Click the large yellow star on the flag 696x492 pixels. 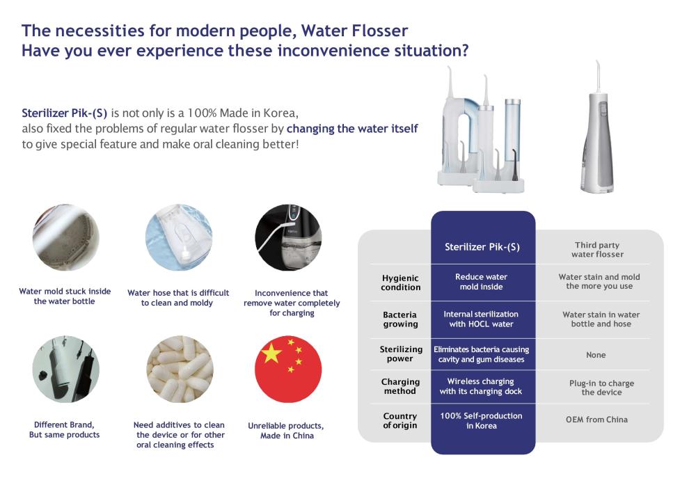271,354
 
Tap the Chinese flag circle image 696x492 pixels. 288,369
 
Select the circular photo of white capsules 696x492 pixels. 180,369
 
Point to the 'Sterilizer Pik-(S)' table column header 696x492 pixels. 482,247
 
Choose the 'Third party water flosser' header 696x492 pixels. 597,249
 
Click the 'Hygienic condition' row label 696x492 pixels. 400,283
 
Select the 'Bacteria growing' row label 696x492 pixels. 400,319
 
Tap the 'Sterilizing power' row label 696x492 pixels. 401,354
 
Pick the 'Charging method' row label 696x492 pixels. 400,386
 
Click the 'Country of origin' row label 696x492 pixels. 400,420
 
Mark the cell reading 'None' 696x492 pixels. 596,355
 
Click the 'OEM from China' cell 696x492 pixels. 596,420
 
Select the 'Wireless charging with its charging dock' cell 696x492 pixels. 481,386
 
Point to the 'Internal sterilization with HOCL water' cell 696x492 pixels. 481,319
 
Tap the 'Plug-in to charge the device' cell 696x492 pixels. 601,388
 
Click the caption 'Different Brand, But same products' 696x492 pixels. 64,430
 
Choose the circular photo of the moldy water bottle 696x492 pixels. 66,237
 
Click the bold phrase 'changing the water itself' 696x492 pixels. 352,129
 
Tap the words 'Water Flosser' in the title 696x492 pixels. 354,31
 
